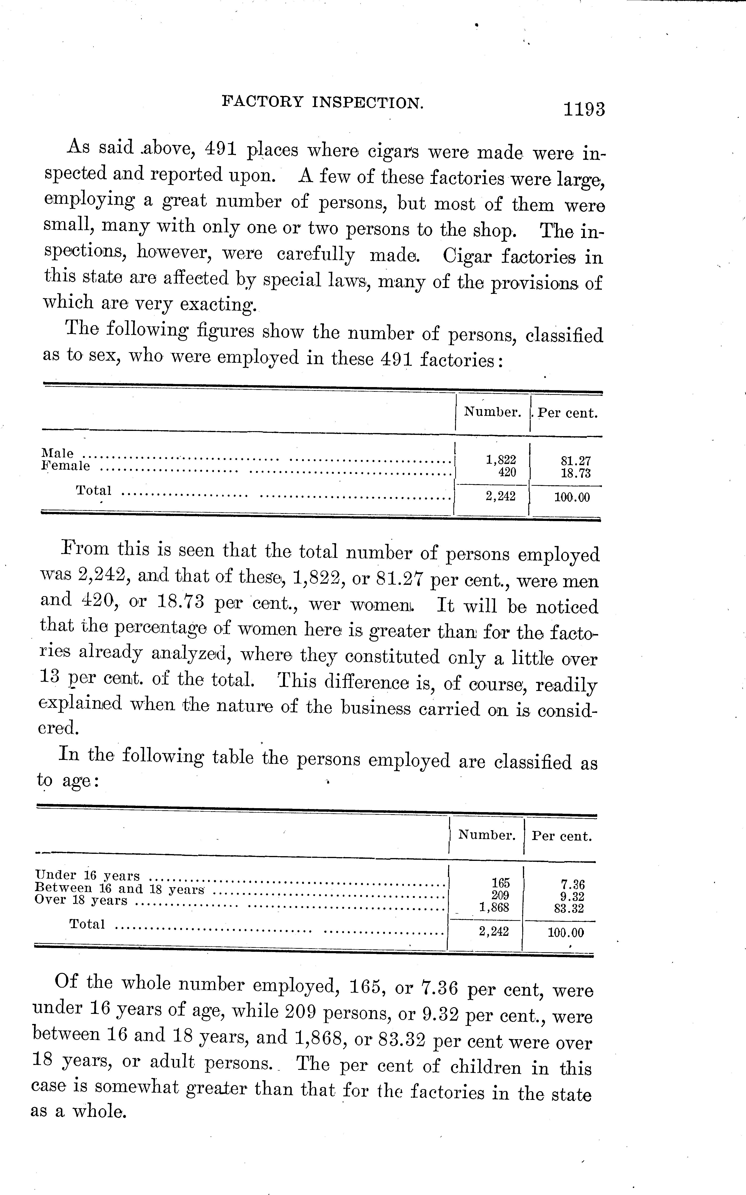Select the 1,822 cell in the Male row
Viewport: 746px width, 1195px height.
pyautogui.click(x=501, y=460)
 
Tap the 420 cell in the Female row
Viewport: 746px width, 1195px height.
pyautogui.click(x=507, y=472)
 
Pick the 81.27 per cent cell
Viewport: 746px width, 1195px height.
pyautogui.click(x=575, y=461)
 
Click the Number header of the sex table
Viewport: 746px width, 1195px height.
pyautogui.click(x=492, y=412)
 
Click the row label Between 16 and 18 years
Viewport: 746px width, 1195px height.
pyautogui.click(x=119, y=888)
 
